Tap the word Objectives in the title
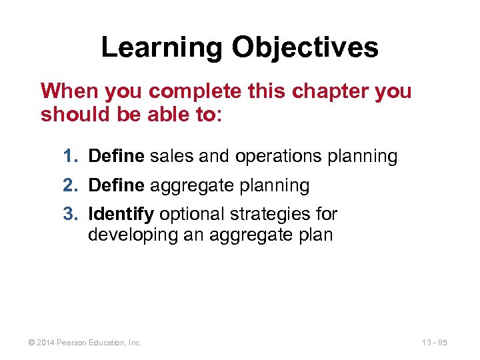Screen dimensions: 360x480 [305, 47]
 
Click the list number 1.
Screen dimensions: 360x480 [69, 157]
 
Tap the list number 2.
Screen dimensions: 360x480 [69, 186]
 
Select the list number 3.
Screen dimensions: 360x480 [69, 215]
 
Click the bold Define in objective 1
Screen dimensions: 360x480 [116, 157]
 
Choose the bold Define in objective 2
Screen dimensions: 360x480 [116, 186]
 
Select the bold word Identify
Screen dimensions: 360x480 [121, 215]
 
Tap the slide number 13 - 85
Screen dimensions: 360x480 [434, 343]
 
